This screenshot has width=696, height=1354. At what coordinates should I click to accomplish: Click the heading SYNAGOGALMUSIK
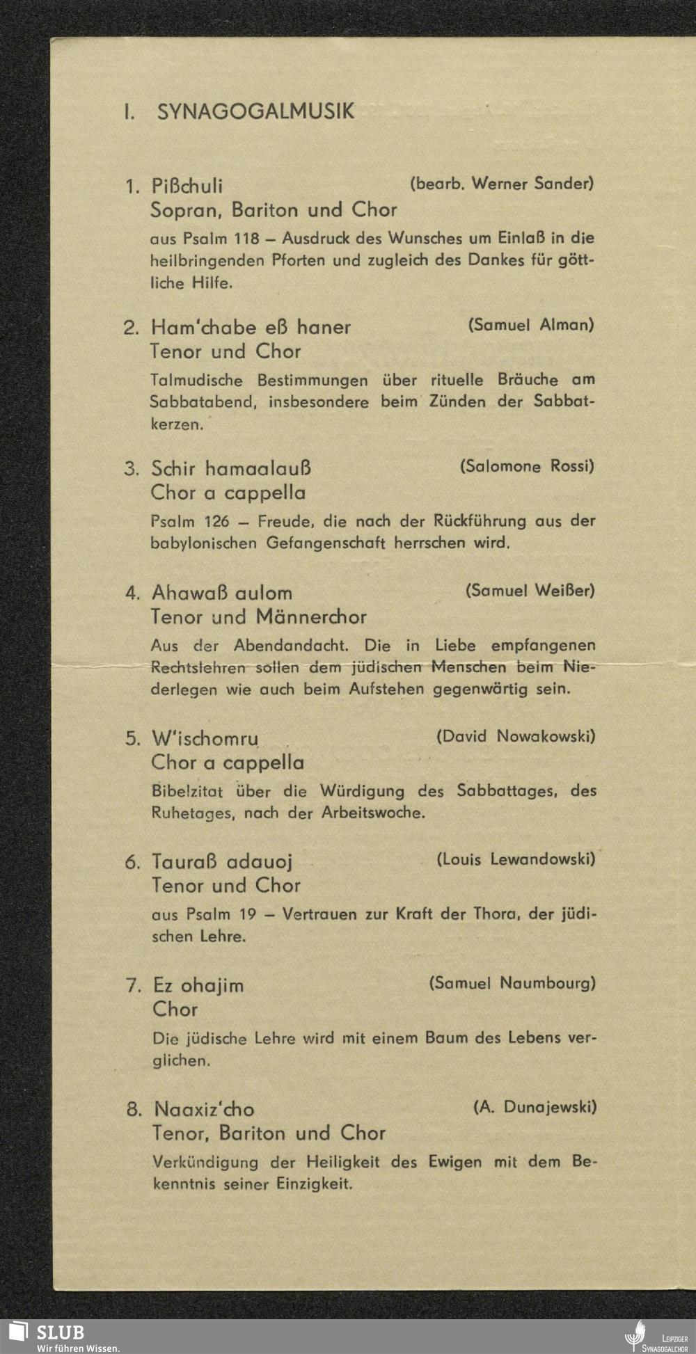click(x=255, y=111)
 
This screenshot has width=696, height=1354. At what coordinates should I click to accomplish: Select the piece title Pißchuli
click(x=187, y=186)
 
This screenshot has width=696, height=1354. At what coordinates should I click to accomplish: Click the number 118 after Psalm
click(x=246, y=238)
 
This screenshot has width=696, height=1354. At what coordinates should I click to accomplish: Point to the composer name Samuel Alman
click(x=531, y=324)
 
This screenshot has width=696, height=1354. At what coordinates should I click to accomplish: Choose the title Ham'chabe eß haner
click(x=251, y=327)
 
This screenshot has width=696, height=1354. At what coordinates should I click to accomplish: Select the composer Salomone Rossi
click(x=527, y=466)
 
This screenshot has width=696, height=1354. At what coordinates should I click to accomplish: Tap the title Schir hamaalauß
click(x=231, y=468)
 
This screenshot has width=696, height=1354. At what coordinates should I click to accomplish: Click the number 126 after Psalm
click(x=216, y=521)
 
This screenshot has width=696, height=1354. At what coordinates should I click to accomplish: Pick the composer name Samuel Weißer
click(x=530, y=591)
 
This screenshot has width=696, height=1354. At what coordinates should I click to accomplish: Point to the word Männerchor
click(x=311, y=617)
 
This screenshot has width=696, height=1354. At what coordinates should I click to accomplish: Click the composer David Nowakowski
click(x=516, y=736)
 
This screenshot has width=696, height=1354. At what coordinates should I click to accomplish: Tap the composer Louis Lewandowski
click(x=516, y=859)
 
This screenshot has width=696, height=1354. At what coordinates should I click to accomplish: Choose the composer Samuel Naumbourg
click(x=512, y=983)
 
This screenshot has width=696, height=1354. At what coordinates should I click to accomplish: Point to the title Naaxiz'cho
click(x=204, y=1109)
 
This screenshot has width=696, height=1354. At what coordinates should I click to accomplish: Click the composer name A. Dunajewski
click(x=535, y=1107)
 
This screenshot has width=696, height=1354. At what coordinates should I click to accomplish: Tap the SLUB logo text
click(x=61, y=1333)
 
